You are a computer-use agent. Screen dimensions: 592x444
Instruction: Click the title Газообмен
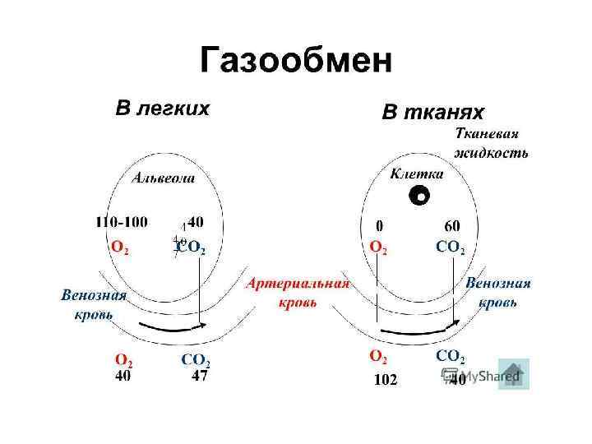296,61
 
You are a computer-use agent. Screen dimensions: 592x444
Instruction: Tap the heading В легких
161,108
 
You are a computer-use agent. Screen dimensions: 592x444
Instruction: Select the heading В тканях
433,112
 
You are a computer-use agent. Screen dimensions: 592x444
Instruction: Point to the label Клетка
417,173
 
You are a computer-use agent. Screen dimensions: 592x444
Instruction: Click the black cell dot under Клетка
419,196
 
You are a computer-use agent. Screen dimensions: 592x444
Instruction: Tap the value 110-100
123,222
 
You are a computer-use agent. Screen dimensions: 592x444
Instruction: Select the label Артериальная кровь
298,292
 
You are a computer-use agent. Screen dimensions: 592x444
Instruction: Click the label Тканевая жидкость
491,142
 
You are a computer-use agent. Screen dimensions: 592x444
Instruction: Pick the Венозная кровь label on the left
94,304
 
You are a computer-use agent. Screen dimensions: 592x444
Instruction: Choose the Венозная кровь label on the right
497,292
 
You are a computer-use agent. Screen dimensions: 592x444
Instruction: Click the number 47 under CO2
199,377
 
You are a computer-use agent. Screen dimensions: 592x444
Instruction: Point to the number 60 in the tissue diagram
451,224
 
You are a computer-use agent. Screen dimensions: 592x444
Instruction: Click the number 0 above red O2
379,224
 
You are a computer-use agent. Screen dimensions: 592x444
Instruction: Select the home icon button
513,374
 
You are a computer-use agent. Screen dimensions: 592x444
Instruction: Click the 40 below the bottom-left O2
123,377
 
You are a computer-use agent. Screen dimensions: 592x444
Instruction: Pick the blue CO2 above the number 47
196,360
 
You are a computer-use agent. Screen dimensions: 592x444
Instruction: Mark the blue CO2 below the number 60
451,247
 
